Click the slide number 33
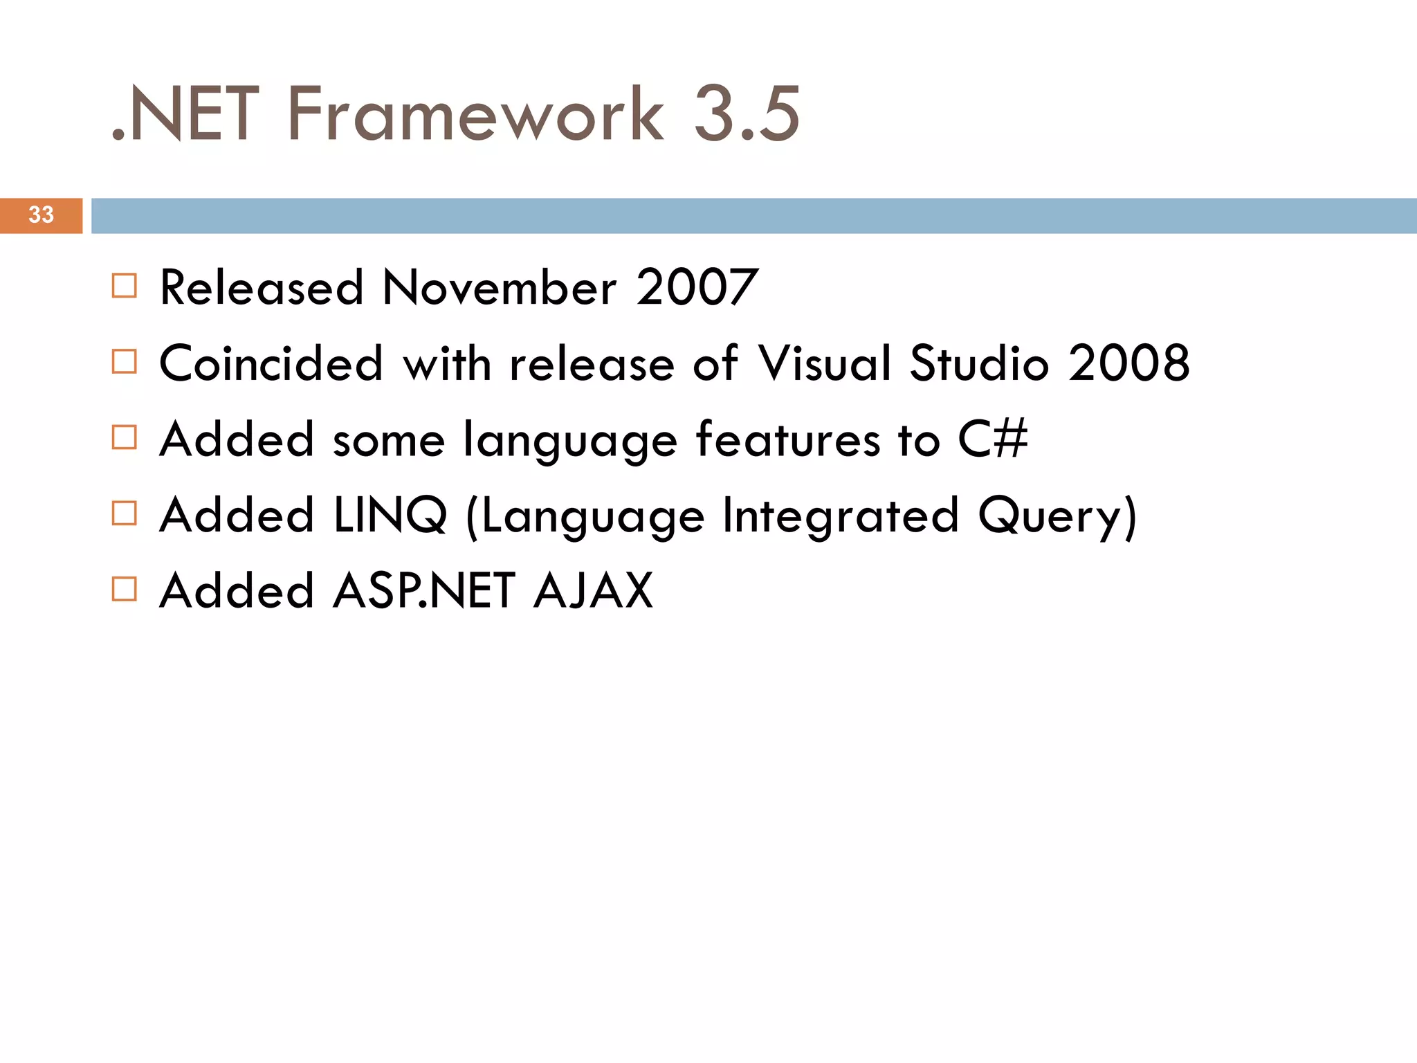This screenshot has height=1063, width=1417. point(41,215)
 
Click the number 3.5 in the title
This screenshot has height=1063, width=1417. point(747,114)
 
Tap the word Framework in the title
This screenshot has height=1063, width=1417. point(475,114)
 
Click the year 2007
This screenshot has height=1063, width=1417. point(697,287)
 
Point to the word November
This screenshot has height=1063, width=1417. point(499,287)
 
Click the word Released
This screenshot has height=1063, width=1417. point(262,287)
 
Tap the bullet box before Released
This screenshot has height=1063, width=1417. point(125,286)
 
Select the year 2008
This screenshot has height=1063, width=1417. point(1128,363)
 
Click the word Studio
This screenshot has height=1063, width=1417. point(979,363)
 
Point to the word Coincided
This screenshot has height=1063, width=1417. point(271,363)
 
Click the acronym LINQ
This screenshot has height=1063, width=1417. point(390,516)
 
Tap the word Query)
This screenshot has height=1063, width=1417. point(1057,517)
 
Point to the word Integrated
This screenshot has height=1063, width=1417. point(840,517)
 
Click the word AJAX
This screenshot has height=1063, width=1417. point(593,591)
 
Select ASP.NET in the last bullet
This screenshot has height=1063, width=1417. point(424,591)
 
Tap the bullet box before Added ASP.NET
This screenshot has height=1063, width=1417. point(125,590)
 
